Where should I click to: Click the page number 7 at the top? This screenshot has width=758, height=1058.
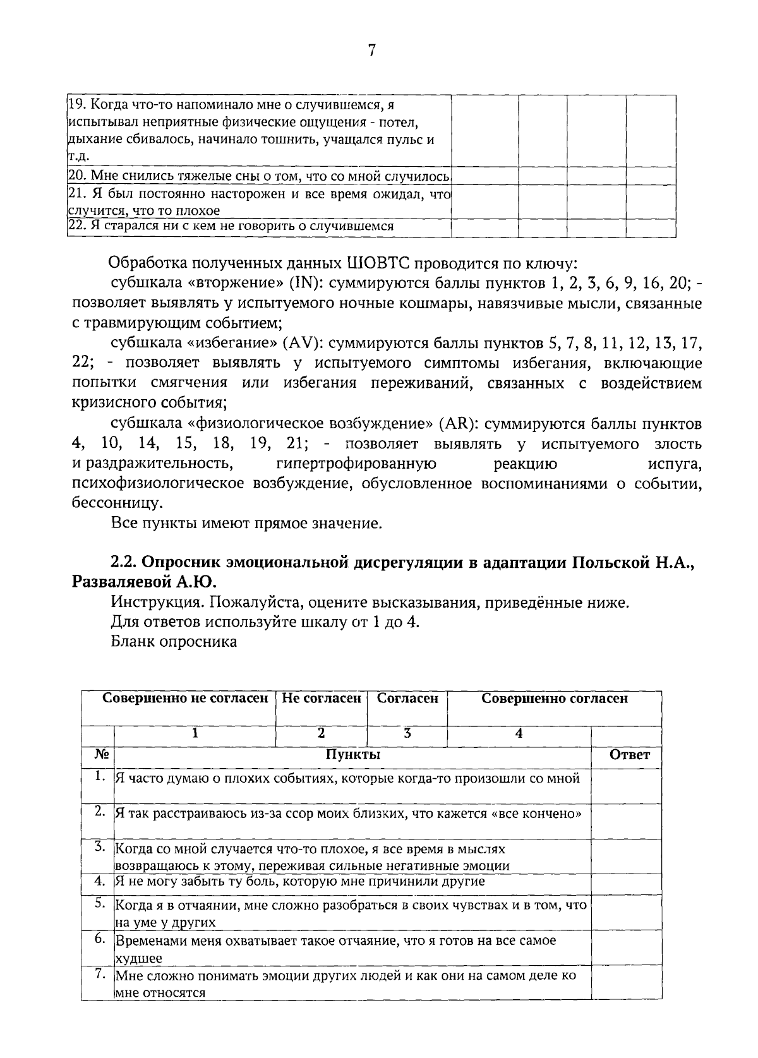(x=371, y=51)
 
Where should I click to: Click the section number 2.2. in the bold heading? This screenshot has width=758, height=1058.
(x=124, y=562)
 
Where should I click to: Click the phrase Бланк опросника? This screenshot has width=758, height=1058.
(x=174, y=642)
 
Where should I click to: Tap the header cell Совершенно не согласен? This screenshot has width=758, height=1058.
(x=185, y=699)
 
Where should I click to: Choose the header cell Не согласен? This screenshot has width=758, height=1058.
(x=321, y=699)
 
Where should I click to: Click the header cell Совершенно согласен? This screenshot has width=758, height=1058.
(x=555, y=699)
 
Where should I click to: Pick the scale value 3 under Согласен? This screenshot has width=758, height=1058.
(x=407, y=733)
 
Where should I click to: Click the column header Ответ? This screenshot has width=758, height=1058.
(x=629, y=755)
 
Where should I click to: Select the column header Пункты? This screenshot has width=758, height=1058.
(x=352, y=755)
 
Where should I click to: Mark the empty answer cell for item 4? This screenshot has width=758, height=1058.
(x=626, y=881)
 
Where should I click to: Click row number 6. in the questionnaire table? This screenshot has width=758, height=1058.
(x=100, y=939)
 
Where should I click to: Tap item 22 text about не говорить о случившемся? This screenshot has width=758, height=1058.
(x=231, y=226)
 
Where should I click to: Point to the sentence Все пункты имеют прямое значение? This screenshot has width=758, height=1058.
(x=246, y=524)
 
